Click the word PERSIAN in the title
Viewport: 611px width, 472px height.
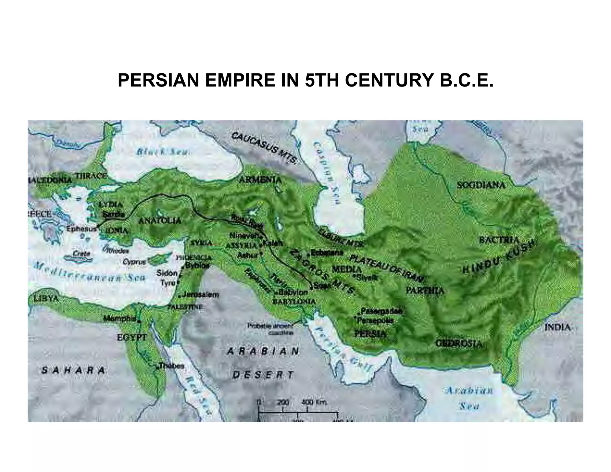click(158, 81)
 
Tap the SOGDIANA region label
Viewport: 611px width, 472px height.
click(481, 185)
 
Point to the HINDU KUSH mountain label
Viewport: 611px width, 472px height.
click(498, 257)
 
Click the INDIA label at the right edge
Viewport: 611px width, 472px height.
click(557, 327)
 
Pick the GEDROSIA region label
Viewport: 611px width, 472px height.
click(459, 343)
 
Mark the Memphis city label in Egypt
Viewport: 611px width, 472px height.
click(119, 319)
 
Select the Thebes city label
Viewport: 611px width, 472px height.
click(171, 365)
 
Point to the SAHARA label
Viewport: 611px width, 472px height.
click(73, 370)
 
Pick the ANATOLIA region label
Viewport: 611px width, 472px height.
click(160, 221)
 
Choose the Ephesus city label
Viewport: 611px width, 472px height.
click(81, 229)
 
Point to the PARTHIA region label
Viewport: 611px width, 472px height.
click(425, 291)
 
